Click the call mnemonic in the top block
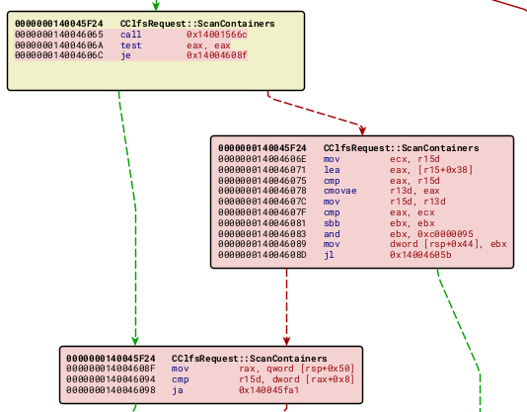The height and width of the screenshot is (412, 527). (x=130, y=35)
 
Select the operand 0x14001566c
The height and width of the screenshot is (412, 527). (x=217, y=35)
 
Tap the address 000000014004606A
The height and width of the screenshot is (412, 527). (x=59, y=45)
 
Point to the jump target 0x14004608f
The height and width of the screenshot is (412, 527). (x=217, y=56)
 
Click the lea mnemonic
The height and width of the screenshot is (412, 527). (x=331, y=170)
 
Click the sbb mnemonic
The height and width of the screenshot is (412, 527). (x=331, y=222)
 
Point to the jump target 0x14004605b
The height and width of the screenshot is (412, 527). (x=420, y=255)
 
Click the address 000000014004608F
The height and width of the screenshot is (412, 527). (x=111, y=369)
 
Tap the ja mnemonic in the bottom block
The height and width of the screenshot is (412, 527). (x=177, y=390)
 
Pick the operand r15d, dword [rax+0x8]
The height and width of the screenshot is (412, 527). (x=285, y=379)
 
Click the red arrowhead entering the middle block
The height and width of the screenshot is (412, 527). (x=362, y=129)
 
